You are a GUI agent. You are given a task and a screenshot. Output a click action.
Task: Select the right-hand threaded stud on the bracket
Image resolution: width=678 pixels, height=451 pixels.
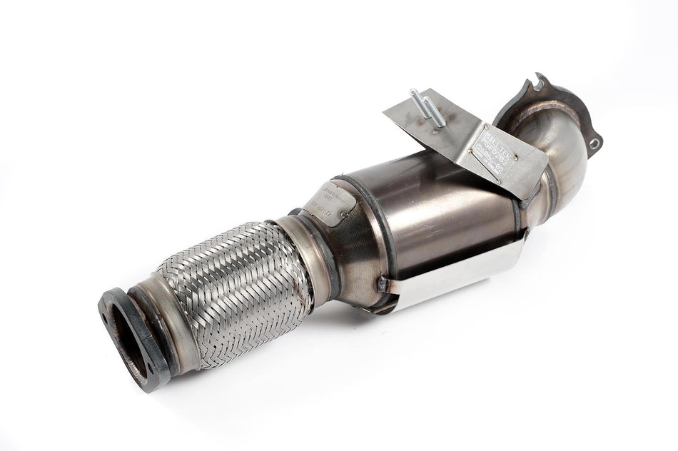point(433,111)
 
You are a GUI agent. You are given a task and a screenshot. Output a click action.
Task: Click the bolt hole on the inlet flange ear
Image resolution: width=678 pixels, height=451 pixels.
point(593,143)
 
